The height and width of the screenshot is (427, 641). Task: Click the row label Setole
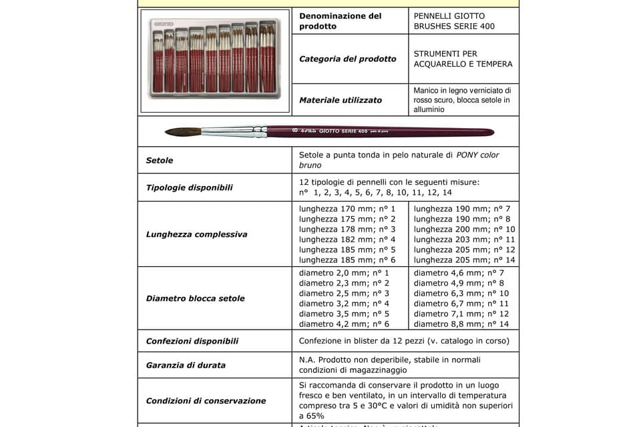pyautogui.click(x=160, y=160)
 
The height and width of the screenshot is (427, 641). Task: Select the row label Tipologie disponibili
pyautogui.click(x=190, y=187)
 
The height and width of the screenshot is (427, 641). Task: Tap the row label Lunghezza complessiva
pyautogui.click(x=197, y=234)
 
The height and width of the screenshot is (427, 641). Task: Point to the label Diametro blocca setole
pyautogui.click(x=196, y=298)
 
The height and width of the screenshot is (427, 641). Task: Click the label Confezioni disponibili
pyautogui.click(x=192, y=341)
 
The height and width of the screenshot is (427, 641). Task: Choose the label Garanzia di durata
pyautogui.click(x=186, y=365)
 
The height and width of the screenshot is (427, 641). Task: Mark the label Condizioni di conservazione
pyautogui.click(x=206, y=400)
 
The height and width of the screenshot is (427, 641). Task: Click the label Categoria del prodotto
pyautogui.click(x=348, y=59)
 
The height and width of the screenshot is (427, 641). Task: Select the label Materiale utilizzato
pyautogui.click(x=341, y=100)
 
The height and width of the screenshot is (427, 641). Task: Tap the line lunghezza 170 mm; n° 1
pyautogui.click(x=347, y=209)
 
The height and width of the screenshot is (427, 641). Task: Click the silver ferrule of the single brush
pyautogui.click(x=230, y=131)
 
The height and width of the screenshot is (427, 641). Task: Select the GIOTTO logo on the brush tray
pyautogui.click(x=164, y=24)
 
